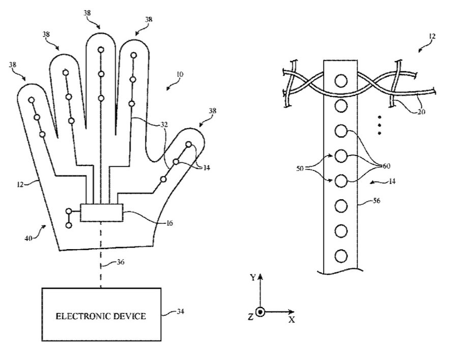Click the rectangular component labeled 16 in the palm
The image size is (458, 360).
click(101, 213)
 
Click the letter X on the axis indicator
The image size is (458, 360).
click(292, 320)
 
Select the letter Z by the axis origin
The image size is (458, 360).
click(250, 317)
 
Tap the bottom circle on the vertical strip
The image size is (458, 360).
click(341, 255)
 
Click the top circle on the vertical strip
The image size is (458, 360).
click(341, 80)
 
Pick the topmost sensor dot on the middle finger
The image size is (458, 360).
click(101, 50)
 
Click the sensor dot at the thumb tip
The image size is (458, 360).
click(189, 144)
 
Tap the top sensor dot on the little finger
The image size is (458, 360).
click(32, 100)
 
